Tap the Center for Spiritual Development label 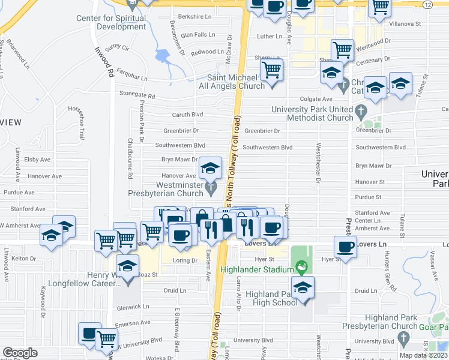point(112,22)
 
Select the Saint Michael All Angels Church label point(235,82)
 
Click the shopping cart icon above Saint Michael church point(272,70)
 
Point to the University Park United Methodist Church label point(312,113)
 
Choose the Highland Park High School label point(272,298)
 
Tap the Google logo point(20,353)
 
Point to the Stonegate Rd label point(137,95)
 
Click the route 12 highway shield point(427,4)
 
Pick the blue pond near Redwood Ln point(162,56)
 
